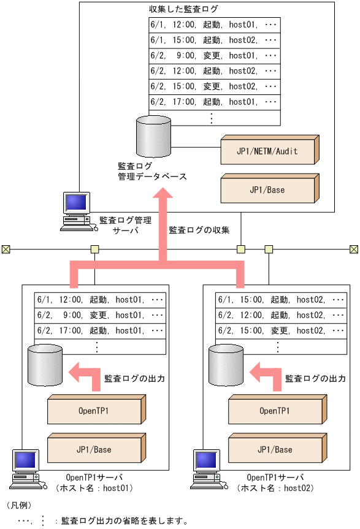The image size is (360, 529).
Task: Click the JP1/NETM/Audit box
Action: click(267, 151)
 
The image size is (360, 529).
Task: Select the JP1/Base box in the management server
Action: click(267, 189)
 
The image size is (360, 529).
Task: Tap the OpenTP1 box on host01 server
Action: click(94, 411)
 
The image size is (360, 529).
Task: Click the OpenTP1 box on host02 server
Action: click(275, 411)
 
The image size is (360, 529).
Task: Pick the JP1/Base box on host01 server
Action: click(94, 449)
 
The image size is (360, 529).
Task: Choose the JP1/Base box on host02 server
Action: click(275, 449)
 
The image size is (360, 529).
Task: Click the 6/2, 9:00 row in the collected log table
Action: click(215, 56)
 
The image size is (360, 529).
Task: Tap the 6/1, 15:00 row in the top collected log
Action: click(215, 40)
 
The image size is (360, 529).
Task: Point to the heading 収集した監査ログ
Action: click(183, 10)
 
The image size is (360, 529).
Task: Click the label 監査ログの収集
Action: click(199, 230)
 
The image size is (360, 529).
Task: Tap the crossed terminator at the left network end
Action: click(6, 249)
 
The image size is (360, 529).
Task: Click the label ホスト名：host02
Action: click(275, 489)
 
